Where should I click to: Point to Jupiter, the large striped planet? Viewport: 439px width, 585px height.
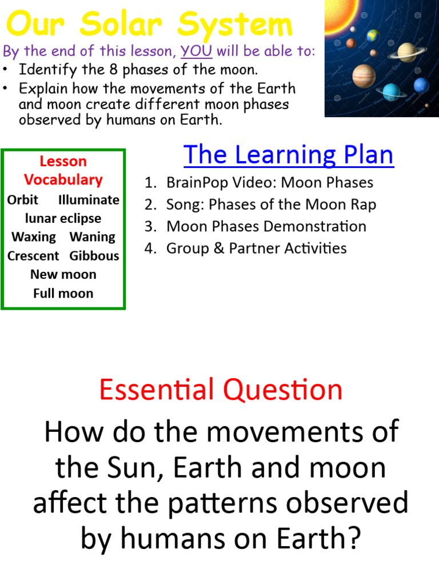click(364, 75)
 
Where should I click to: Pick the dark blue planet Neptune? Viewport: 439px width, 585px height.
click(421, 86)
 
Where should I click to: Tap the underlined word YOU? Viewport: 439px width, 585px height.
click(197, 51)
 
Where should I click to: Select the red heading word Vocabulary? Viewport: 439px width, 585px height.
click(63, 179)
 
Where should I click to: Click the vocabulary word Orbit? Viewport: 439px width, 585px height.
click(23, 200)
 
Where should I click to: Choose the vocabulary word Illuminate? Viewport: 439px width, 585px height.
click(89, 200)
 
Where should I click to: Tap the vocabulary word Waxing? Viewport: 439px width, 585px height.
click(34, 237)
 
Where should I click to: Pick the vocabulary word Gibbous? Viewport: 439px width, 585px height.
click(94, 255)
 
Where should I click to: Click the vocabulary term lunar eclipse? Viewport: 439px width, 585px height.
click(63, 218)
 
